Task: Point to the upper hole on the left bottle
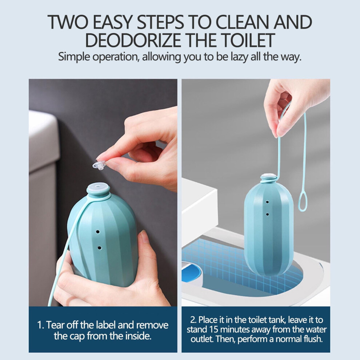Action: [97, 232]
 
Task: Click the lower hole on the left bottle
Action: [99, 248]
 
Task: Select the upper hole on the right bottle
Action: [267, 202]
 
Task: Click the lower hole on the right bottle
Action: [267, 215]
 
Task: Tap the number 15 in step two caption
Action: [214, 329]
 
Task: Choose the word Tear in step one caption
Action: [55, 325]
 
